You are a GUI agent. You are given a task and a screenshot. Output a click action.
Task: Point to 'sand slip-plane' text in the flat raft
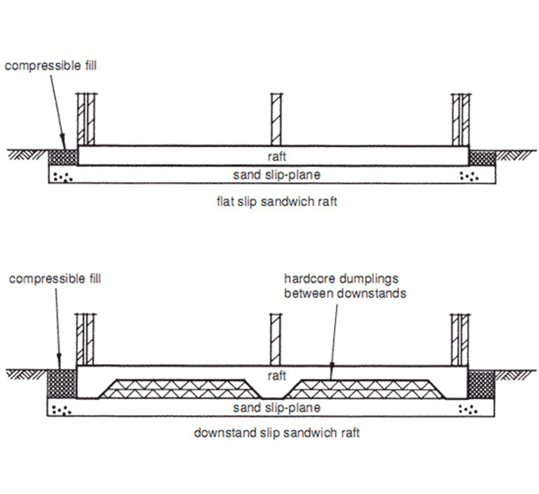pyautogui.click(x=274, y=173)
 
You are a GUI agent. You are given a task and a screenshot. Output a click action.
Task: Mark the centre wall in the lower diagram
pyautogui.click(x=277, y=338)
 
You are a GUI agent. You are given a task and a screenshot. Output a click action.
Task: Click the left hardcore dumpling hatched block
pyautogui.click(x=175, y=388)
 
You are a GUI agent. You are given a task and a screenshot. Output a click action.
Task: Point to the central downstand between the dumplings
pyautogui.click(x=274, y=393)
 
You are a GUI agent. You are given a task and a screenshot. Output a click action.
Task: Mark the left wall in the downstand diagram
pyautogui.click(x=87, y=338)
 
